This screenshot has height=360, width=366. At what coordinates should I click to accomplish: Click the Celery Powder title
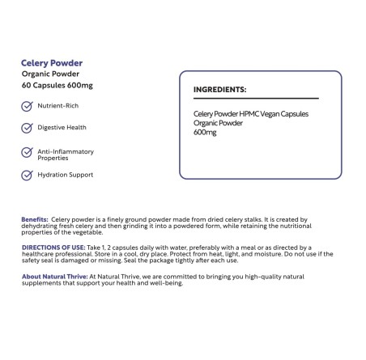tap(52, 62)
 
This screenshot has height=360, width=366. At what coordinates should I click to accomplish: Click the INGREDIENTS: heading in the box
tap(219, 90)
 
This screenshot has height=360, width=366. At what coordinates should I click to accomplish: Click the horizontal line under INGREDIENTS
tap(256, 99)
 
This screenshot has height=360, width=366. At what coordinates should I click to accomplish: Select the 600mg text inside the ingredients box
tap(206, 132)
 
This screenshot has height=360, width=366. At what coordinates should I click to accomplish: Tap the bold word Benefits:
tap(35, 219)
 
